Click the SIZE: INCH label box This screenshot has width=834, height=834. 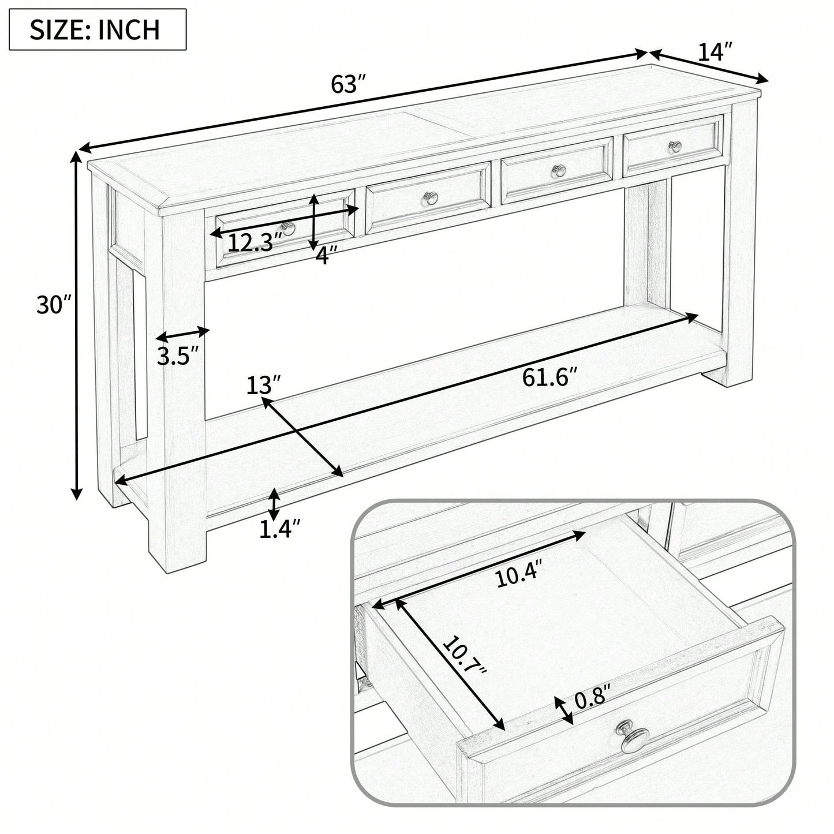98,29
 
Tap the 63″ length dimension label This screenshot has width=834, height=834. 349,84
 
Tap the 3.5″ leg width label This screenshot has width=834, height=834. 178,356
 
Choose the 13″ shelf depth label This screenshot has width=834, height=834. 264,385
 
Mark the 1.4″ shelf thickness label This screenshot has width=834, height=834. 279,529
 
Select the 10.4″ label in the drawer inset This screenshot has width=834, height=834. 519,573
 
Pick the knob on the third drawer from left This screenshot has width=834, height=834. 559,171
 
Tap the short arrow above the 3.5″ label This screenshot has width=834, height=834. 182,335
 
